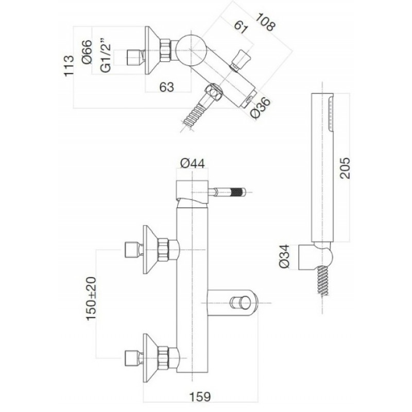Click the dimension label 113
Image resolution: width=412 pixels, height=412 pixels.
tap(69, 66)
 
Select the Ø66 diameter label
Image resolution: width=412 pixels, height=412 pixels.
tap(87, 52)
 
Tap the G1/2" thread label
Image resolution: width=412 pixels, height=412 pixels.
tap(106, 55)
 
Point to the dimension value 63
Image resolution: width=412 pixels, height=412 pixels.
tap(166, 87)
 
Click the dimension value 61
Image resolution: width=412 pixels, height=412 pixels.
tap(241, 27)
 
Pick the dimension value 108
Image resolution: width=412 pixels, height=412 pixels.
tap(266, 22)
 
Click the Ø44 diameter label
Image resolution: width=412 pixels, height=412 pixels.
tap(193, 164)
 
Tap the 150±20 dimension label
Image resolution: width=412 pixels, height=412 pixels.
tap(92, 299)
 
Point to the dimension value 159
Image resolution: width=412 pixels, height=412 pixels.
tap(200, 397)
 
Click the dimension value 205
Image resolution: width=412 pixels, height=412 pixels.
tap(345, 168)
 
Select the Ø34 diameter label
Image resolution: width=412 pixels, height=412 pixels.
tap(285, 256)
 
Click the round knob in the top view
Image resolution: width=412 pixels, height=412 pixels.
tap(191, 49)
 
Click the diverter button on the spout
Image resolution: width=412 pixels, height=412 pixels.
tap(239, 303)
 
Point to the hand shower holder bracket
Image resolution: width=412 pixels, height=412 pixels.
tap(316, 256)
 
